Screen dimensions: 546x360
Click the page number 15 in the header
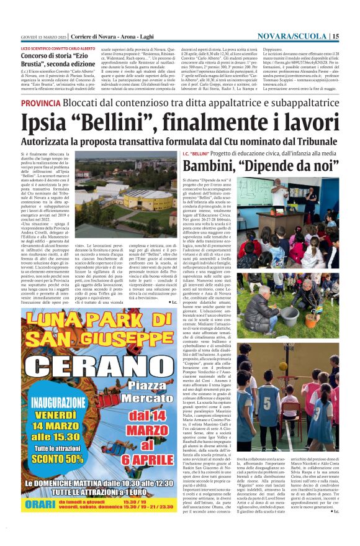(x=335, y=37)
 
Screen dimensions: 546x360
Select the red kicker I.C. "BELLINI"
(x=196, y=153)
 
